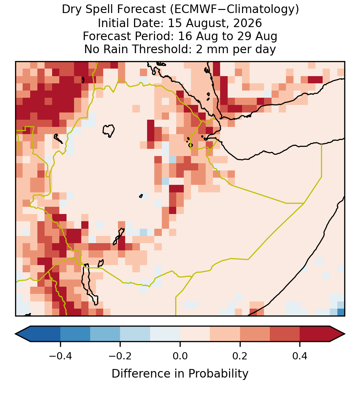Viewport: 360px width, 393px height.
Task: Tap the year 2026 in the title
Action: tap(248, 23)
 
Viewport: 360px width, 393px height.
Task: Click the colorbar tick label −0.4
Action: tap(60, 356)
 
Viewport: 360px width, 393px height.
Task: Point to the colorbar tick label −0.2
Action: tap(120, 356)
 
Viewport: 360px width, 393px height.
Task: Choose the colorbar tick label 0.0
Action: tap(180, 356)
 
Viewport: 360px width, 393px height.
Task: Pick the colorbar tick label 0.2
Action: tap(240, 356)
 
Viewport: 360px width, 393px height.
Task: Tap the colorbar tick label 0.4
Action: tap(300, 356)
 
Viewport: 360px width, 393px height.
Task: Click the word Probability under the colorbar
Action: tap(218, 374)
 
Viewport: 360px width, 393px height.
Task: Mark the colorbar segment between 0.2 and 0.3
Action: tap(255, 334)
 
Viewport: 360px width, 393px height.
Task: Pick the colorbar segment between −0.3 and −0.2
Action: tap(105, 334)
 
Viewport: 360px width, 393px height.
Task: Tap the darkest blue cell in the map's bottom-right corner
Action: tap(341, 312)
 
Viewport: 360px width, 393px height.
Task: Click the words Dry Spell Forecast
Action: tap(114, 10)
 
